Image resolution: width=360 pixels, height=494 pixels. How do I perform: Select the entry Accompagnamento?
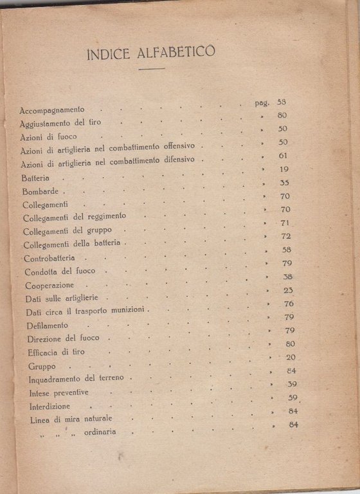click(52, 110)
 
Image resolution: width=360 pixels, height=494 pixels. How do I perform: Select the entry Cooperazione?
click(50, 285)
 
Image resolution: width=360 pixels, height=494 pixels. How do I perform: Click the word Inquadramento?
click(59, 379)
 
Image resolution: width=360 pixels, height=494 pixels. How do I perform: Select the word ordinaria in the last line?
click(100, 432)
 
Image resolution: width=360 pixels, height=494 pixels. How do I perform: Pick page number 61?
click(283, 155)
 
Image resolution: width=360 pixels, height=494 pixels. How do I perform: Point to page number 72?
click(286, 236)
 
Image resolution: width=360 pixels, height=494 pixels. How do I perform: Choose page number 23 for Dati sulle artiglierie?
click(288, 290)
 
